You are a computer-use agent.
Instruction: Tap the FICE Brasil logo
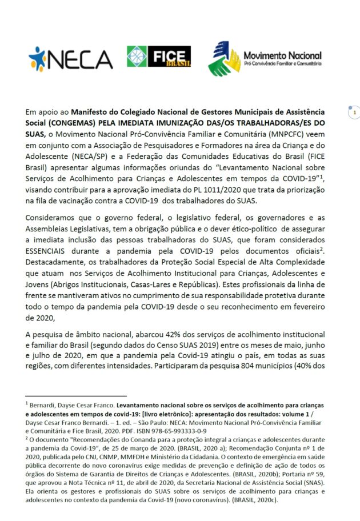[159, 56]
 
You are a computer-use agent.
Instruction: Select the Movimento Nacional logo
[263, 59]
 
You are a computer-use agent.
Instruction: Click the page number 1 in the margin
[354, 113]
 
